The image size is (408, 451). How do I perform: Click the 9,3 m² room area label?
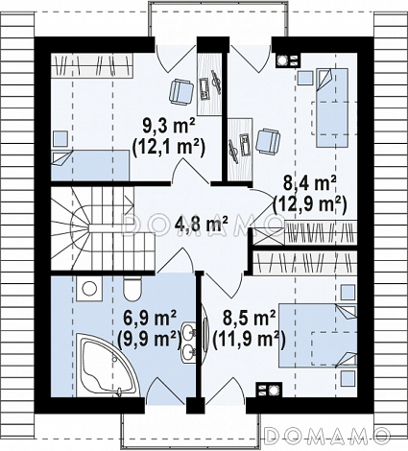pos(164,128)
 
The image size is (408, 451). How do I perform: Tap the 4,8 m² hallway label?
pos(202,224)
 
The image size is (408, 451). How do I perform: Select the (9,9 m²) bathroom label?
pos(148,338)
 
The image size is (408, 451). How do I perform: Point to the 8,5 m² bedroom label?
pos(249,319)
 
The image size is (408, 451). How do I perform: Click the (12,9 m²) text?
pos(309,204)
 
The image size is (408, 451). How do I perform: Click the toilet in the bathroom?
pos(132,289)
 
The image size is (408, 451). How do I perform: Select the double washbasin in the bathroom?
pos(188,342)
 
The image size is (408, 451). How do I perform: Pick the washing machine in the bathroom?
pos(89,289)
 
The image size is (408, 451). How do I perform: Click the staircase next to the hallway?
pos(103,228)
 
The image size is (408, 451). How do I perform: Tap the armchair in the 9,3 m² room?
pos(181,91)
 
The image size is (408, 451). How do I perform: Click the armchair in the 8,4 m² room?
pos(268,140)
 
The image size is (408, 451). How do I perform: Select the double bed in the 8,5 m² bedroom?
pos(318,335)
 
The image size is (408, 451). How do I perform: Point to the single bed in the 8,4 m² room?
pos(332,107)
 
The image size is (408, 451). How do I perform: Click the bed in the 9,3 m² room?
pos(90,166)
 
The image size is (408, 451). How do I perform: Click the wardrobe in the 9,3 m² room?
pos(92,65)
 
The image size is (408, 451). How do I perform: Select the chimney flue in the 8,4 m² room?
pos(288,59)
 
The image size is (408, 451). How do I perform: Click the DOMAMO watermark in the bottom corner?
pos(327,434)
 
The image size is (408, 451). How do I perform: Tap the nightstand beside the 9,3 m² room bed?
pos(60,138)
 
